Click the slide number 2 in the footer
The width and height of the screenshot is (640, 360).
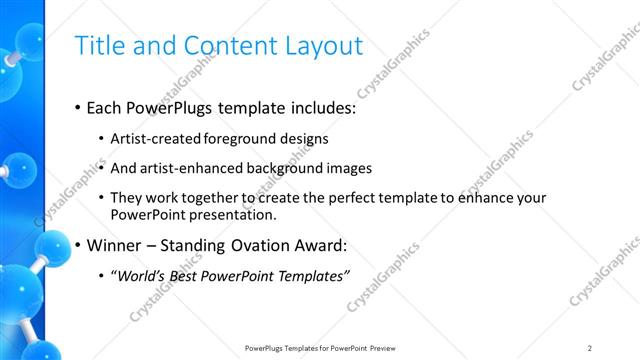(x=590, y=348)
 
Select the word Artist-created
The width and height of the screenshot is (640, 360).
(x=153, y=139)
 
